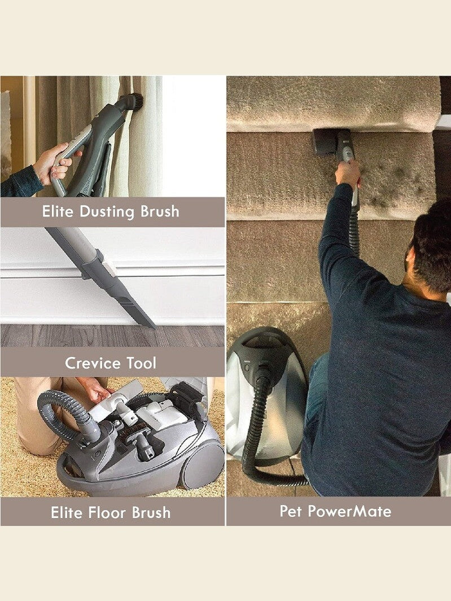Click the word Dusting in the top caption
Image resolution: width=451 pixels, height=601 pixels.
(x=107, y=212)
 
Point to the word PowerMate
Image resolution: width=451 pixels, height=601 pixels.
(x=349, y=511)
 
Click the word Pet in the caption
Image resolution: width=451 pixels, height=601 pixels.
(x=291, y=511)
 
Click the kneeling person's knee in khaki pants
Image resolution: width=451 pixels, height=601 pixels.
(x=34, y=441)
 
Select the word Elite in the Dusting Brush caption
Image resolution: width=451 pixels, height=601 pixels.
(x=57, y=211)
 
